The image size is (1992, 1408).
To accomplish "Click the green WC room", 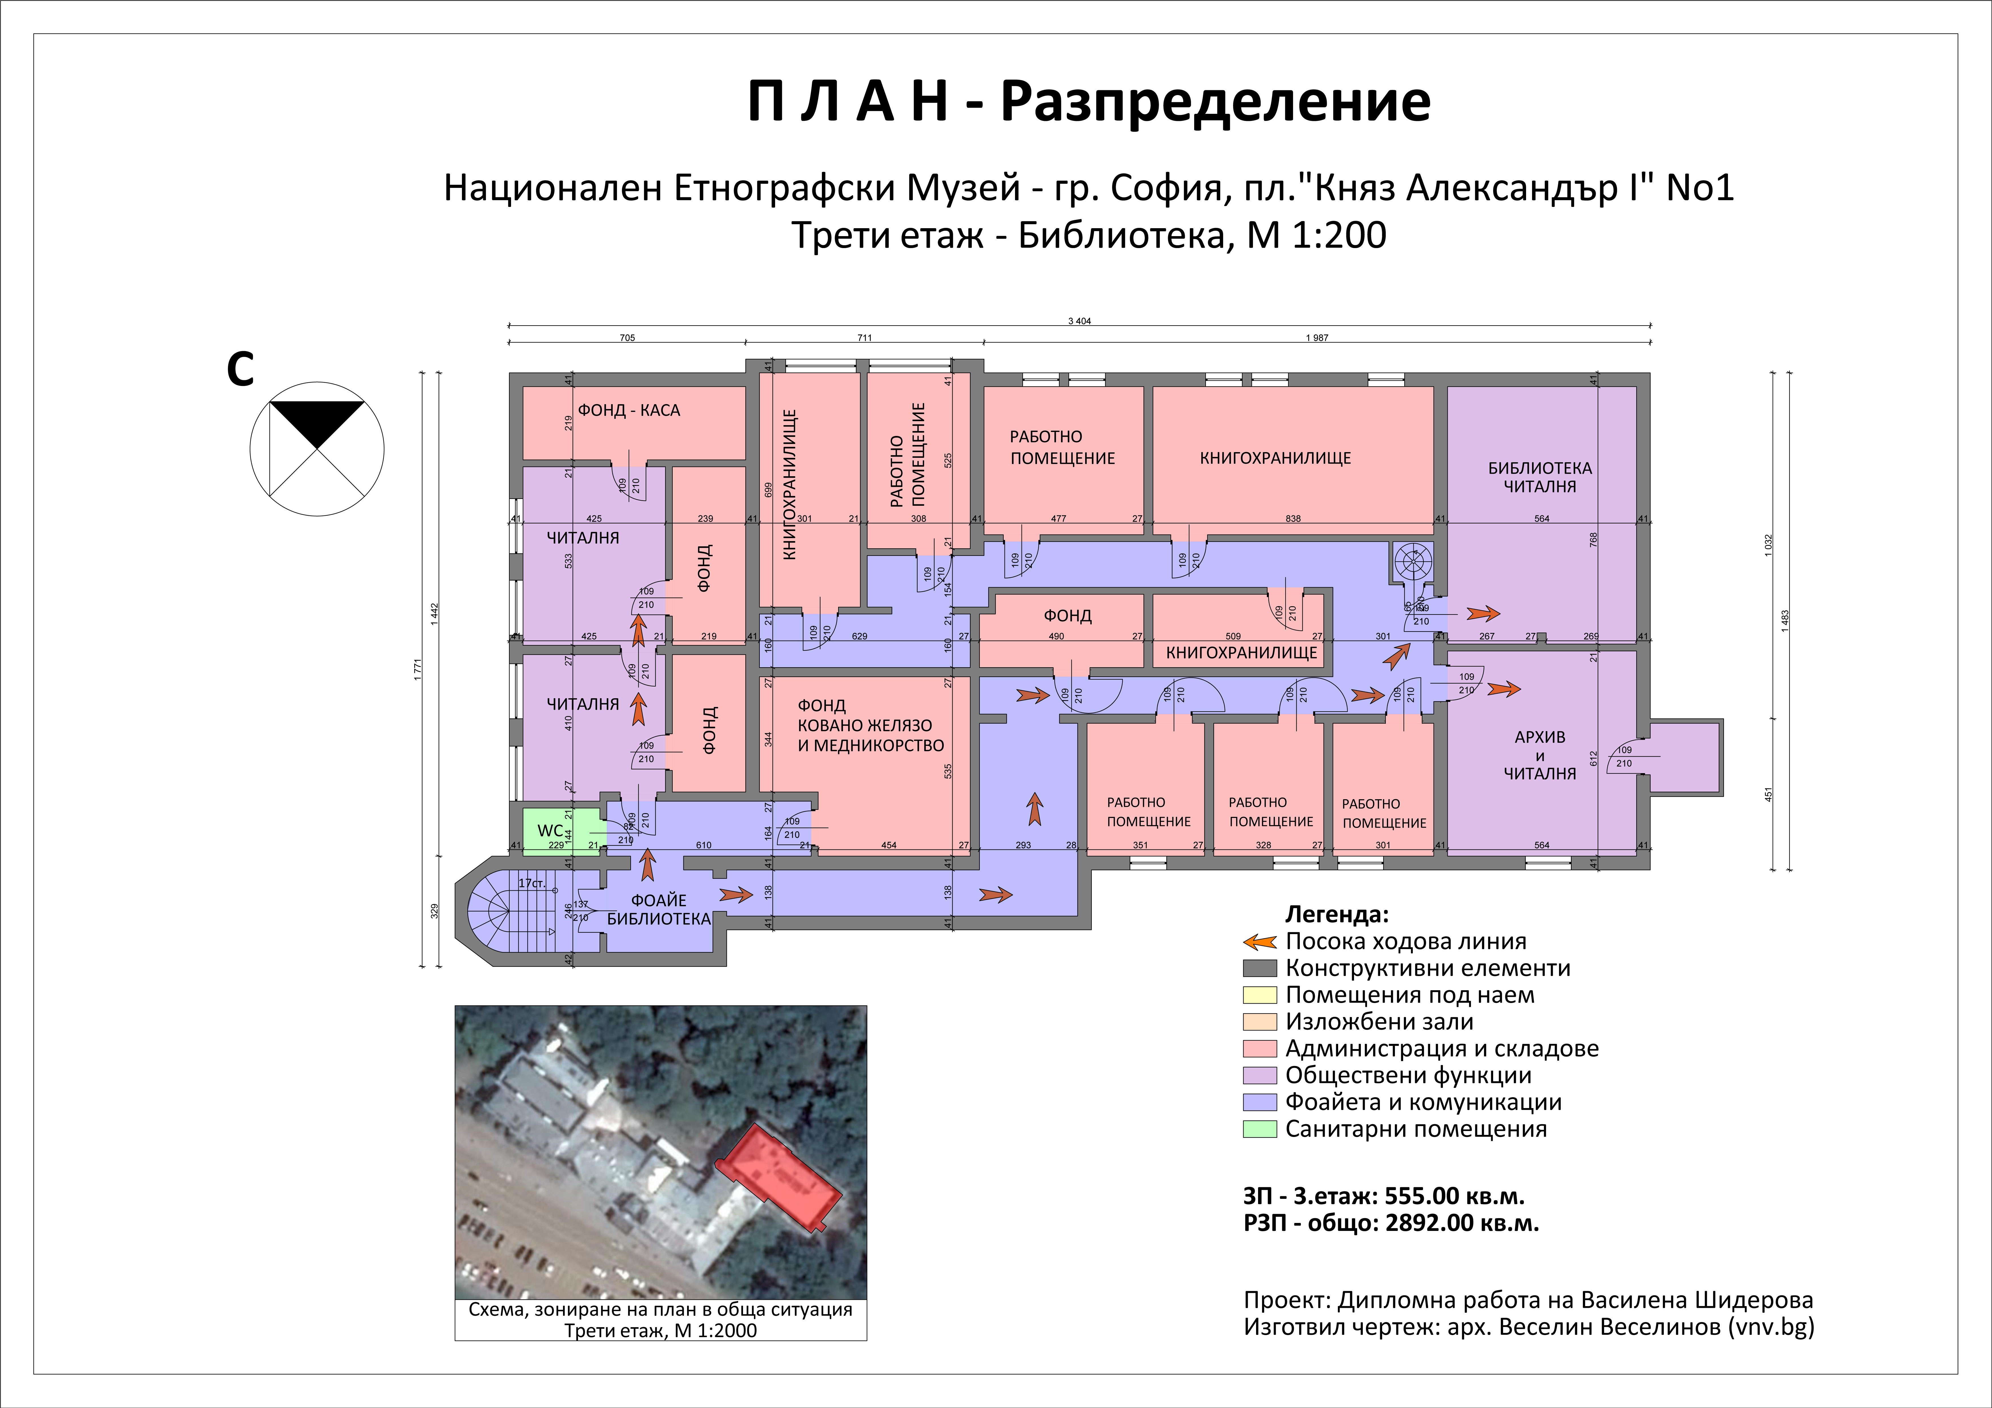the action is [560, 831].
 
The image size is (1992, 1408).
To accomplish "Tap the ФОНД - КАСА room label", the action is [629, 410].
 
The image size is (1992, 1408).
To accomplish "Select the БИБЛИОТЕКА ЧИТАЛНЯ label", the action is [1540, 477].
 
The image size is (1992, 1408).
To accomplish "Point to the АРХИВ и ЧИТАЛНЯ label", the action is [1540, 755].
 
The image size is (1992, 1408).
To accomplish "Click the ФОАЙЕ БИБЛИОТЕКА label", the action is [658, 909].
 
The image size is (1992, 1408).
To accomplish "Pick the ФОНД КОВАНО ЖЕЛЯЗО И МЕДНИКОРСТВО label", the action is [870, 725].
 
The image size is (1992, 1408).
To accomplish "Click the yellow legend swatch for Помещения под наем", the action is [1260, 995].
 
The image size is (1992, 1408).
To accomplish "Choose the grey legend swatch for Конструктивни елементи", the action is [1260, 968].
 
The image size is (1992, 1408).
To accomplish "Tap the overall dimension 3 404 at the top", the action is [1079, 321].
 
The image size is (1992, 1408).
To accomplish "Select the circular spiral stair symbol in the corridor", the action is [1413, 561].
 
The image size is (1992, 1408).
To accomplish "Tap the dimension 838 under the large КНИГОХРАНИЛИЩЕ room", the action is [1293, 519].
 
